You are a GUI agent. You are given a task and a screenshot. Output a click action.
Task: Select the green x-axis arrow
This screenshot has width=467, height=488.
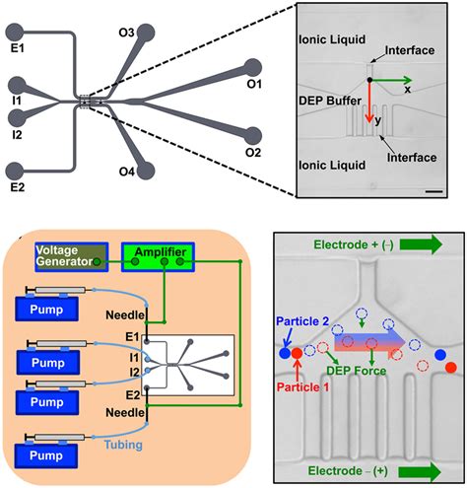(390, 79)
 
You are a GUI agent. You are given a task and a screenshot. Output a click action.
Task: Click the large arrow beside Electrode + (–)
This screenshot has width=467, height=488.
(428, 243)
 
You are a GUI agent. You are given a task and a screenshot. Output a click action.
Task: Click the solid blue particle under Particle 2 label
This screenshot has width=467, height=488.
(285, 352)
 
